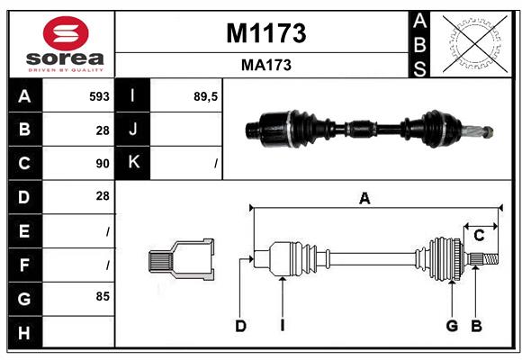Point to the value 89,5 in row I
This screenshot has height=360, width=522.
coord(206,95)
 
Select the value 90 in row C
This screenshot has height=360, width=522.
coord(102,164)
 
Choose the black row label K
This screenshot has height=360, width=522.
coord(133,163)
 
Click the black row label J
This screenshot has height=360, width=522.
coord(133,130)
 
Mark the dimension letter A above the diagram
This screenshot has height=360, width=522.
coord(364,198)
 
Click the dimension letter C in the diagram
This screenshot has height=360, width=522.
coord(479,236)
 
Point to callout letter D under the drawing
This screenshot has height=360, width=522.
coord(240,326)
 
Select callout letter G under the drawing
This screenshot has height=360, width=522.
coord(452,326)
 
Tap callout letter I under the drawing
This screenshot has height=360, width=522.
coord(282,326)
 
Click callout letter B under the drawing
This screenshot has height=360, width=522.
coord(477,326)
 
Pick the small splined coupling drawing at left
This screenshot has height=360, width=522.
coord(181,260)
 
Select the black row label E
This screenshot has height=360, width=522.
coord(24,230)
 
